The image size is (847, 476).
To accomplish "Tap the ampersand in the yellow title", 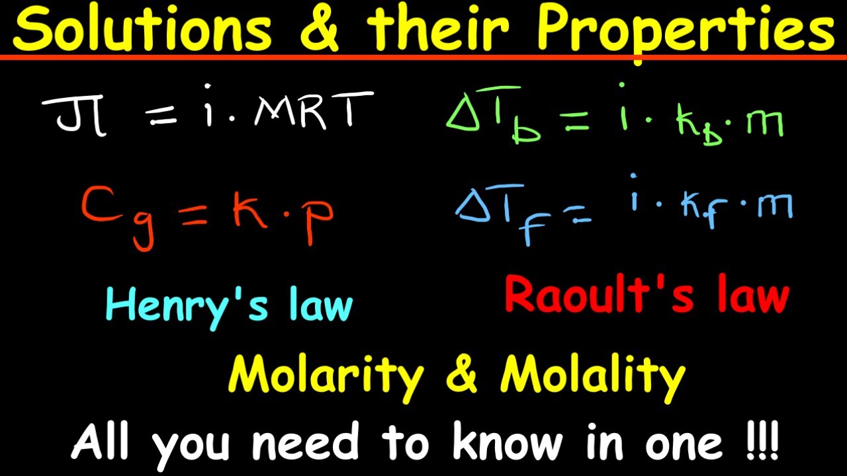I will pos(320,30).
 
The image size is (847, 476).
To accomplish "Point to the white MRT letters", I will pos(310,112).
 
